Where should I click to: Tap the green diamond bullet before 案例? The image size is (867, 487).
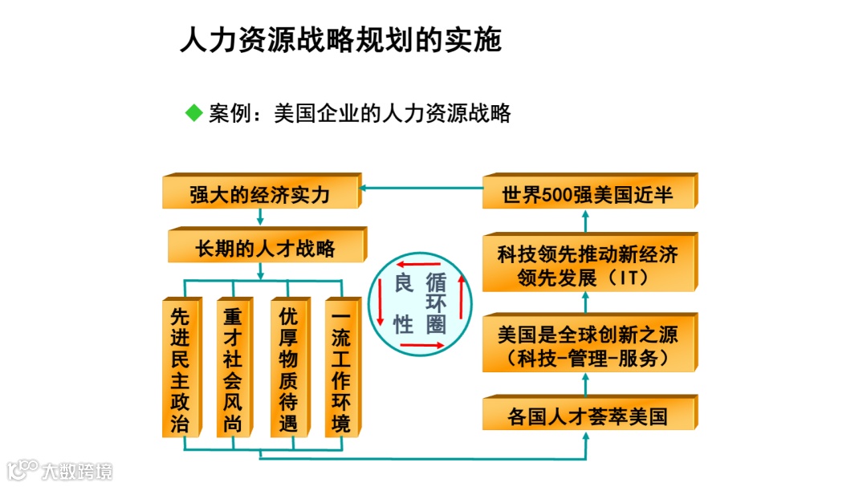point(193,113)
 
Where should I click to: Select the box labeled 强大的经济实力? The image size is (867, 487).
point(259,194)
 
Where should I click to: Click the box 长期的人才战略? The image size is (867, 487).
point(265,248)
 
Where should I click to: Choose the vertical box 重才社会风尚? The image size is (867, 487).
point(233,367)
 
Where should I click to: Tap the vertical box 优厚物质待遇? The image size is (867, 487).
point(287,367)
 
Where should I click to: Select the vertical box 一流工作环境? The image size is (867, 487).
point(341,367)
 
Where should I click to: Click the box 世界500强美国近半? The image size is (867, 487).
point(587,194)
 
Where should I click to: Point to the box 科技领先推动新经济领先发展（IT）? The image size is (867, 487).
point(587,266)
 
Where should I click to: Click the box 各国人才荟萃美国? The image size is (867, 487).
point(587,416)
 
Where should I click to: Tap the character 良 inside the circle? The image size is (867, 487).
point(403,284)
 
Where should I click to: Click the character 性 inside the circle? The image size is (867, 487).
point(403,323)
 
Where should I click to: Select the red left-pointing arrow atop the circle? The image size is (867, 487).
point(420,264)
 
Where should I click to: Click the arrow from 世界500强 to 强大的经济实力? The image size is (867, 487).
point(421,189)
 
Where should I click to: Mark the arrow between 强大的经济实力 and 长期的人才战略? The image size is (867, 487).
point(259,217)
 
